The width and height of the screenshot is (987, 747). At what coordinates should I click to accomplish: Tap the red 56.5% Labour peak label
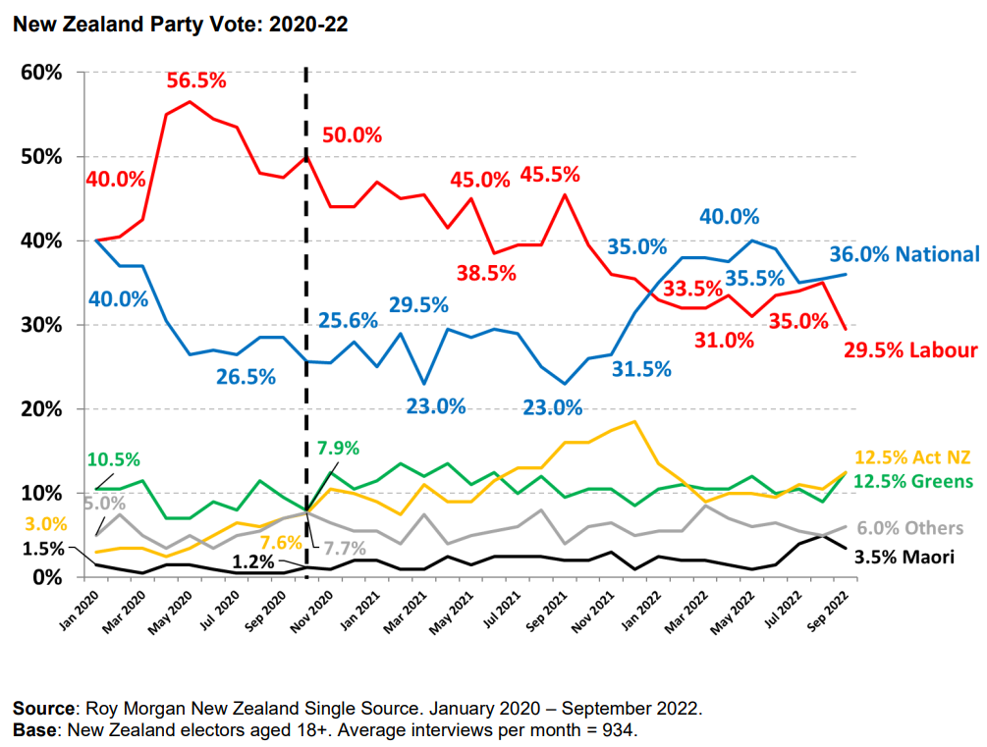pyautogui.click(x=195, y=80)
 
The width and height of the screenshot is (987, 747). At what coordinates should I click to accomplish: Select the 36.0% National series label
pyautogui.click(x=901, y=254)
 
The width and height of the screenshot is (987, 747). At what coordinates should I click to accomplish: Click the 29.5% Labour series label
pyautogui.click(x=909, y=350)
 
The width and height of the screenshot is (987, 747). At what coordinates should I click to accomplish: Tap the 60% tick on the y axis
pyautogui.click(x=42, y=73)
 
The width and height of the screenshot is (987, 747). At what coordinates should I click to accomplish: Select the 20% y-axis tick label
pyautogui.click(x=42, y=408)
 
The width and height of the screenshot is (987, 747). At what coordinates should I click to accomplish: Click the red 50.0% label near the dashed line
pyautogui.click(x=351, y=136)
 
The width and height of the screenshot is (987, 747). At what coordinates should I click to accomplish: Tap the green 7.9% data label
pyautogui.click(x=338, y=449)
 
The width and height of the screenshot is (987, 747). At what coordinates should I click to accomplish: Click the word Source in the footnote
pyautogui.click(x=44, y=708)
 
